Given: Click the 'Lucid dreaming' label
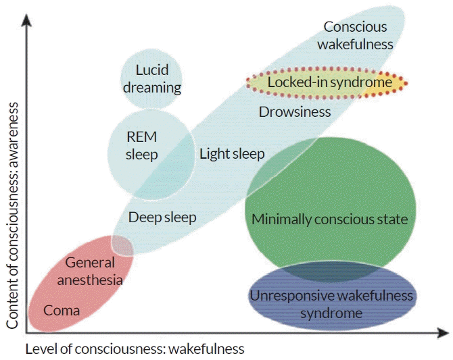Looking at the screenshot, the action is (x=152, y=79).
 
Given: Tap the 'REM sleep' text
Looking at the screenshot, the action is (x=141, y=145).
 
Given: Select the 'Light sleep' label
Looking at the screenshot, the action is (x=232, y=154).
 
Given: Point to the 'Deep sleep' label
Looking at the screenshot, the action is (x=162, y=217).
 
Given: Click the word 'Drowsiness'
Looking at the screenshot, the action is (x=295, y=111).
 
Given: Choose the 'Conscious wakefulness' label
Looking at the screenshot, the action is (x=355, y=36).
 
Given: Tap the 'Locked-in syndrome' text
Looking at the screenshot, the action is (x=330, y=82).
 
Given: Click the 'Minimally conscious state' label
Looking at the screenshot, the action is (x=330, y=219).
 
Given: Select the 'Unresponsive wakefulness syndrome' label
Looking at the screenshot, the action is (x=331, y=305).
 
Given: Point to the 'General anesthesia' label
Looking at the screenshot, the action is (x=90, y=272).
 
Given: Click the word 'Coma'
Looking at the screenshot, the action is (x=62, y=311).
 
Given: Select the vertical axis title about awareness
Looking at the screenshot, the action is (x=12, y=215).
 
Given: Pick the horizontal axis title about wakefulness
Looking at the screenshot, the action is (x=135, y=349).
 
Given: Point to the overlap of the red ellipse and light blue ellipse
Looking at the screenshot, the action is (x=122, y=246).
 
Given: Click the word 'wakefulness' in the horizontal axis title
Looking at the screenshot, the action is (x=207, y=349).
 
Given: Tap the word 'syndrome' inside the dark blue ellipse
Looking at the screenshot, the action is (x=331, y=313).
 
